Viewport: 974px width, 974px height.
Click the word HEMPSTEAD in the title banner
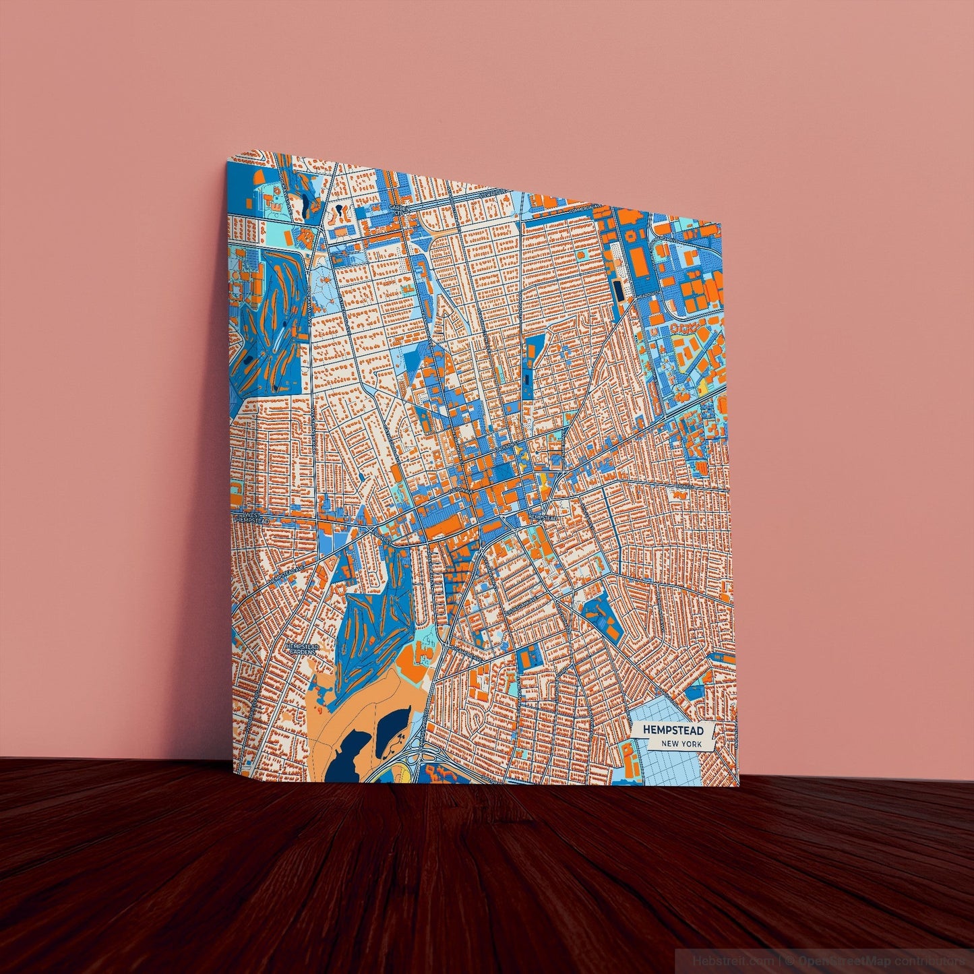673,730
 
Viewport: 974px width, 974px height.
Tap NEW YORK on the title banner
681,744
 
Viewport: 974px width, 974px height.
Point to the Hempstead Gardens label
301,648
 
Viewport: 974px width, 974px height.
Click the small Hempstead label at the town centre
543,517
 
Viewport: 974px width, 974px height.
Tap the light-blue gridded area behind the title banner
664,765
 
